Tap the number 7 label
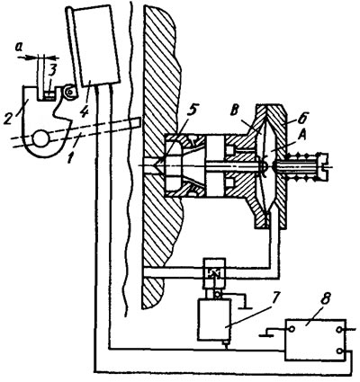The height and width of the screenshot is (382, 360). tap(274, 298)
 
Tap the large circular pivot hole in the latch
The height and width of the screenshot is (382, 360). tap(40, 138)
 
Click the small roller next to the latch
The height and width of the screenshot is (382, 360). tap(71, 92)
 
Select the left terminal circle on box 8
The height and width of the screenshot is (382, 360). tap(292, 329)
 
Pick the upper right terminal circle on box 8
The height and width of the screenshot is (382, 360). tap(339, 330)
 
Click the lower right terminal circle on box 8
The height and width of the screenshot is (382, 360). tap(339, 351)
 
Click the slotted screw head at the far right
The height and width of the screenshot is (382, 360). tap(324, 164)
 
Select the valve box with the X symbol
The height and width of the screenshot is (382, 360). tap(214, 272)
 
